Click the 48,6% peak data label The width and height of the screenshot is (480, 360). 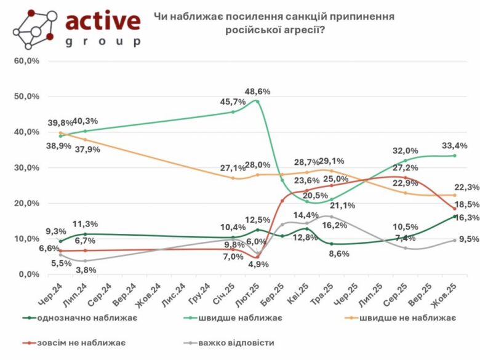click(257, 92)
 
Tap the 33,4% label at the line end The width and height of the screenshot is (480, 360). click(455, 145)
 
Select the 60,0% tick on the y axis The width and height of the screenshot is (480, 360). click(27, 61)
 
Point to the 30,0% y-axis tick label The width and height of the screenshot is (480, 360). click(27, 167)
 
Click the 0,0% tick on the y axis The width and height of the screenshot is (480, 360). click(29, 274)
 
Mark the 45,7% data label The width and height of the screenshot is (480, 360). click(232, 102)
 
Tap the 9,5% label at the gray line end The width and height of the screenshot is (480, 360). click(457, 240)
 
